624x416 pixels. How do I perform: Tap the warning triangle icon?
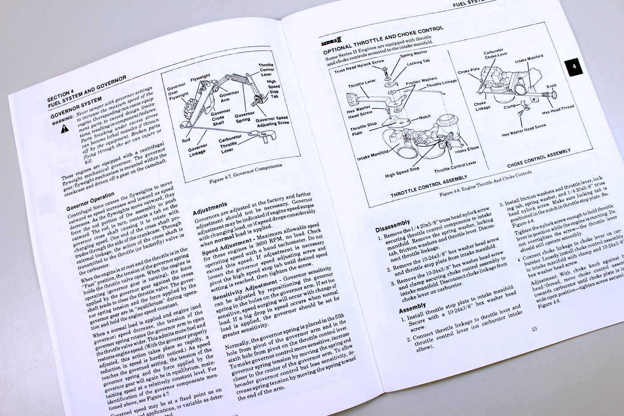65,128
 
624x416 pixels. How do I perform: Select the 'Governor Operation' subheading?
90,201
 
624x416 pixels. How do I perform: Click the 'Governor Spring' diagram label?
245,117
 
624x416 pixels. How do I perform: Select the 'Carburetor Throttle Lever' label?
230,144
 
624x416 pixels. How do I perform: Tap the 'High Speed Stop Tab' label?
273,89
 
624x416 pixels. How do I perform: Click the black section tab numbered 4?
574,67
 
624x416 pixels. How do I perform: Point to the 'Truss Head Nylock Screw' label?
359,66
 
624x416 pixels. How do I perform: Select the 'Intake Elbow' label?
467,149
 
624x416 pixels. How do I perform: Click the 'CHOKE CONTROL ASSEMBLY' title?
538,158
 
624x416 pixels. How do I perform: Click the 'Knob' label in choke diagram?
552,86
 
